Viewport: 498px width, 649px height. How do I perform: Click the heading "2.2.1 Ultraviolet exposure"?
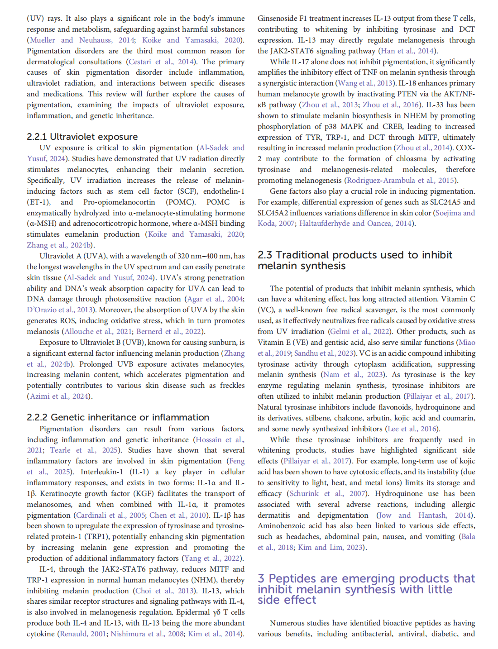pos(82,137)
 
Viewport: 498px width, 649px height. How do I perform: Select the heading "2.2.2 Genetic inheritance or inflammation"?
pos(118,417)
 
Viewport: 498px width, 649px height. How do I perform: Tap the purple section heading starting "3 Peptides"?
pos(366,589)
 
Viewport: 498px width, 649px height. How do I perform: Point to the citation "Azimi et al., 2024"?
pos(59,396)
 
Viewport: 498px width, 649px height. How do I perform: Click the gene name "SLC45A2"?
pos(275,213)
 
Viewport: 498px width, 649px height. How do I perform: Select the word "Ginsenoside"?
pos(278,19)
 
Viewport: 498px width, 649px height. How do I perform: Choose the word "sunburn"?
pos(222,343)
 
